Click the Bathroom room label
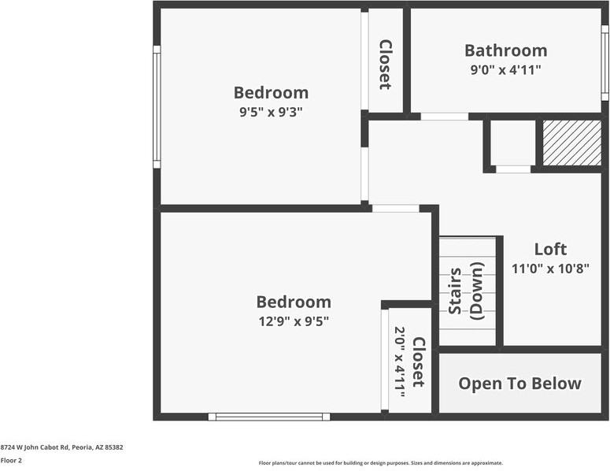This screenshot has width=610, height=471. click(505, 50)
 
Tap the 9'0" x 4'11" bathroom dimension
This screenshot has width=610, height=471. click(505, 69)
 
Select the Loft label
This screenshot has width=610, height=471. click(550, 249)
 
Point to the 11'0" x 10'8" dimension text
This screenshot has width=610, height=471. click(550, 268)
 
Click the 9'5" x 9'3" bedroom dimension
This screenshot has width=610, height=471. click(271, 112)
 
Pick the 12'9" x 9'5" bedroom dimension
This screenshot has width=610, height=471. click(293, 321)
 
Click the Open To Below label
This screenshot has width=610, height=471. click(519, 384)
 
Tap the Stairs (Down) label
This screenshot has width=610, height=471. click(466, 291)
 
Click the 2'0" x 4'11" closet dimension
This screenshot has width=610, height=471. click(400, 362)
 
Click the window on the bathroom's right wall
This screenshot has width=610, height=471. click(604, 63)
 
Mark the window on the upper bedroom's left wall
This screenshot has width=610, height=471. click(157, 106)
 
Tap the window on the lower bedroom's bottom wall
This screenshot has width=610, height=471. click(269, 417)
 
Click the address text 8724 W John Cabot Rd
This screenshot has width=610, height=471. click(61, 447)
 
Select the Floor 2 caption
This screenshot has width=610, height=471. click(11, 461)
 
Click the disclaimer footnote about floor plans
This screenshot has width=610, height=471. click(381, 463)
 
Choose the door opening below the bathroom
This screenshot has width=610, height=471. click(444, 117)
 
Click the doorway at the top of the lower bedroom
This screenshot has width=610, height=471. click(395, 209)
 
